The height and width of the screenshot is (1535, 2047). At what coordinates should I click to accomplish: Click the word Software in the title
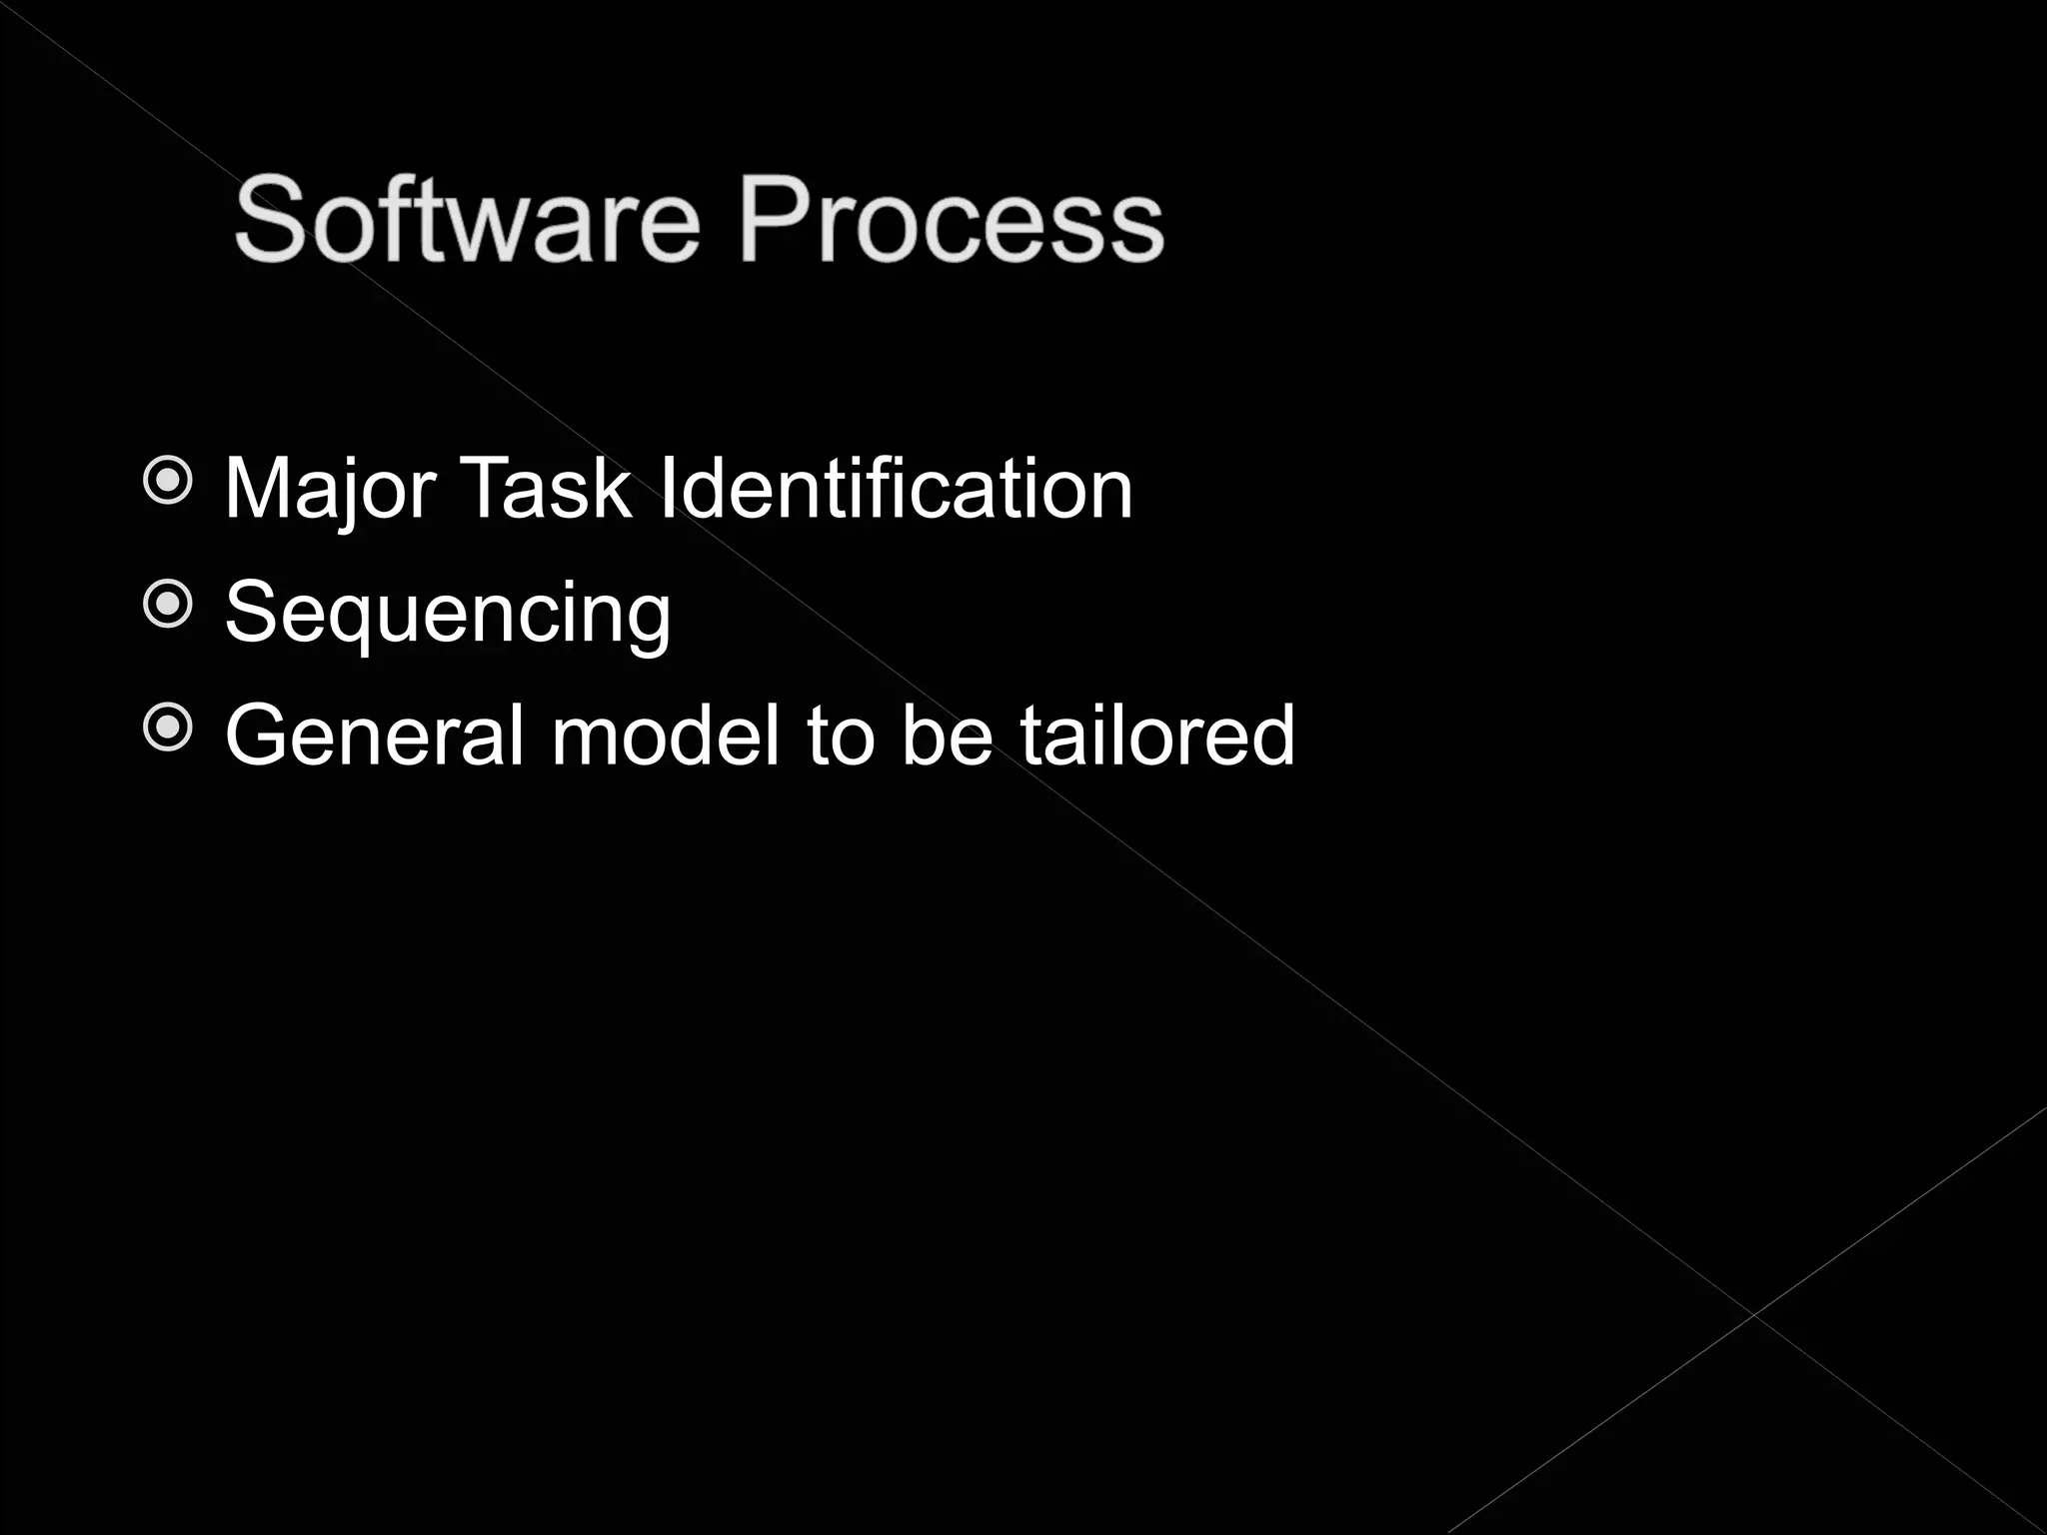point(466,220)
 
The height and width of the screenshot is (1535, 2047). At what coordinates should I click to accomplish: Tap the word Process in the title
point(951,220)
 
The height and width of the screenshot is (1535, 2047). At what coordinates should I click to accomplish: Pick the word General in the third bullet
point(375,736)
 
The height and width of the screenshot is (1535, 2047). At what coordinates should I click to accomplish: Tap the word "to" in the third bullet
point(842,736)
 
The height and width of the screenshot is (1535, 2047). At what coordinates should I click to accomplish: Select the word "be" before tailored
point(947,736)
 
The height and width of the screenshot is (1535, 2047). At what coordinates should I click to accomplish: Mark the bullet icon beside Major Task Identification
point(168,482)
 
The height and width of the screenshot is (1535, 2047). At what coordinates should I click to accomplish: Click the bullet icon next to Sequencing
point(168,605)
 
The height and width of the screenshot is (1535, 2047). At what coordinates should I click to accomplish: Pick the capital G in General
point(261,736)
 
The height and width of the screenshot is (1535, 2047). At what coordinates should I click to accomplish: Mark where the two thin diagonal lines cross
point(1753,1314)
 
